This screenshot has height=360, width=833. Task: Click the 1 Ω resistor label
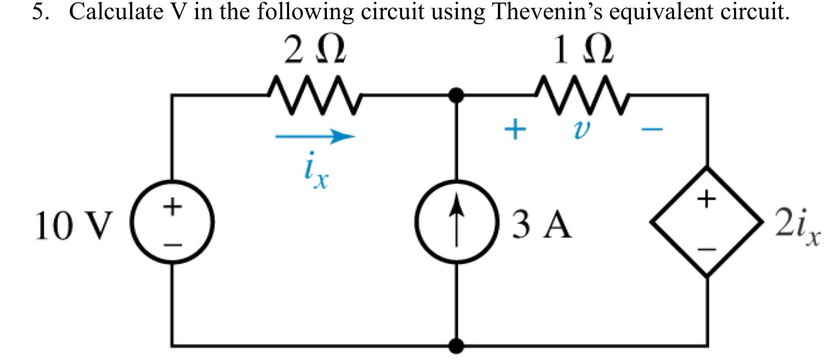click(x=581, y=53)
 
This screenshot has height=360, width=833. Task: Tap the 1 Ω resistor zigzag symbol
click(x=581, y=92)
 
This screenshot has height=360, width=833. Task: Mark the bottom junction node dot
click(x=458, y=346)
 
